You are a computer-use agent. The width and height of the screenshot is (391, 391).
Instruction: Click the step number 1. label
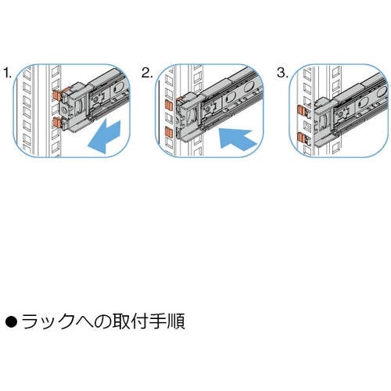pos(8,73)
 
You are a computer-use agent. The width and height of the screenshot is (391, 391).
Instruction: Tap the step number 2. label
pos(147,73)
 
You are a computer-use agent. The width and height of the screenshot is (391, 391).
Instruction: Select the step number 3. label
pos(283,73)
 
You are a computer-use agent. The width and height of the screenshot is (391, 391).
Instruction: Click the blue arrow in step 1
pos(104,137)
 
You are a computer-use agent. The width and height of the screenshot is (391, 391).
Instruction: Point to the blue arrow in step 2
pos(236,139)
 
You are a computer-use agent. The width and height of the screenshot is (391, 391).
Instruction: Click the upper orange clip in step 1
pos(57,95)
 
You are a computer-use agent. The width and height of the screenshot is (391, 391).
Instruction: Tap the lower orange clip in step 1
pos(57,123)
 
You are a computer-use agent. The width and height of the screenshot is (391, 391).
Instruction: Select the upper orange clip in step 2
pos(169,106)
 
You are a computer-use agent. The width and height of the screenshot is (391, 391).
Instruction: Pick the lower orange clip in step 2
pos(169,133)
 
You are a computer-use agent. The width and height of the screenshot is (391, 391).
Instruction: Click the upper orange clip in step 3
pos(303,110)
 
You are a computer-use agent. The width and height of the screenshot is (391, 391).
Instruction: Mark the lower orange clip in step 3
pos(303,138)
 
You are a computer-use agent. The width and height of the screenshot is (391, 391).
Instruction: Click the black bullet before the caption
pos(11,321)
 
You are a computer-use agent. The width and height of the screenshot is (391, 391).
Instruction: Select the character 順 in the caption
pos(176,321)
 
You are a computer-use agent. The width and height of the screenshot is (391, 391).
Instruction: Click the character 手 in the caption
pos(157,321)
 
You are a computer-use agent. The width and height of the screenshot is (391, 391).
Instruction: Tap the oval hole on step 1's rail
pos(119,89)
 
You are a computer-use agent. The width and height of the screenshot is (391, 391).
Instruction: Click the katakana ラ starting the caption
pos(30,321)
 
